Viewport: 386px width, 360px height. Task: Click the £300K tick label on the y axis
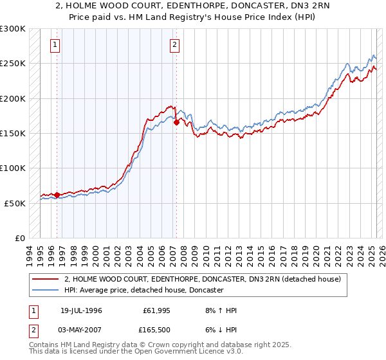[x=13, y=30]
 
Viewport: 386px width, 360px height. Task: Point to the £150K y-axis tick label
[x=13, y=134]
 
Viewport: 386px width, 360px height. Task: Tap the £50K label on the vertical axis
[x=15, y=203]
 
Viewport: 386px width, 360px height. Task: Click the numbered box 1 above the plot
[x=56, y=45]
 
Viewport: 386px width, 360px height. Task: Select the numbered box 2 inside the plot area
[x=175, y=45]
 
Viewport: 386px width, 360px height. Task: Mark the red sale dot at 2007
[x=176, y=122]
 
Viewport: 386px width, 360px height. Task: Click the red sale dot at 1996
[x=57, y=194]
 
